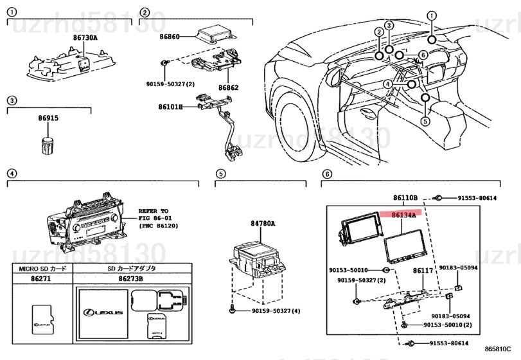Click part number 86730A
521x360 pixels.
pyautogui.click(x=85, y=38)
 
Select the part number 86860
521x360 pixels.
pyautogui.click(x=170, y=37)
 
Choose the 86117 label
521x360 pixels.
pyautogui.click(x=423, y=272)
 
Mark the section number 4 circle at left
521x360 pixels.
pyautogui.click(x=11, y=174)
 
